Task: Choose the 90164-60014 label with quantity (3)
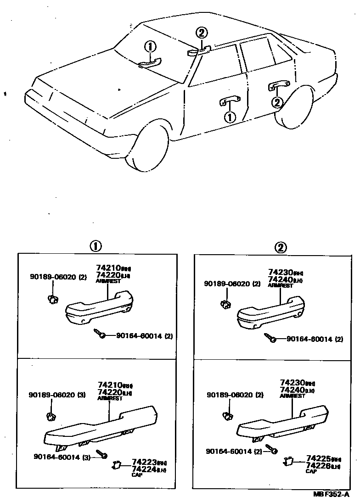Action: [62, 457]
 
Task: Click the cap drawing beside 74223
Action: [116, 466]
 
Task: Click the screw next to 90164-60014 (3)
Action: [101, 454]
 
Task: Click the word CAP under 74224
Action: [137, 475]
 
